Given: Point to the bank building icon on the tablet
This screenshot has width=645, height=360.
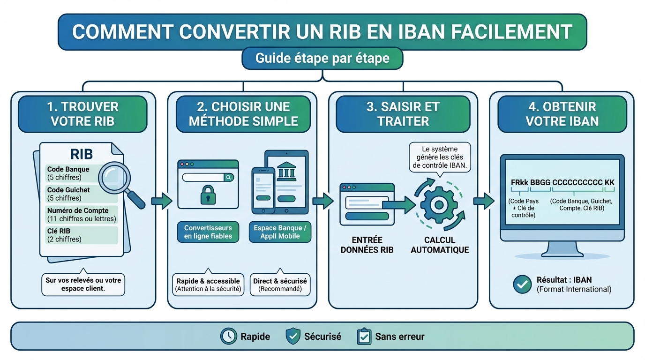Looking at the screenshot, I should (x=286, y=172).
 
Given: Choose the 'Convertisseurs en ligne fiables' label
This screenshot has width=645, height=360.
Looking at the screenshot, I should (x=208, y=232).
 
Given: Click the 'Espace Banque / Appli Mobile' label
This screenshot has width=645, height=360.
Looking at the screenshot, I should (x=280, y=232).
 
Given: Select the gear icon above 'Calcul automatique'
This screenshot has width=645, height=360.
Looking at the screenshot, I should (x=439, y=204).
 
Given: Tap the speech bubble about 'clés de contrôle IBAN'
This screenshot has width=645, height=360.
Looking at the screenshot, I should (x=439, y=157).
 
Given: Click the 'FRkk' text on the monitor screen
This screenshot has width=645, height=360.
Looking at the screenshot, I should (x=519, y=182).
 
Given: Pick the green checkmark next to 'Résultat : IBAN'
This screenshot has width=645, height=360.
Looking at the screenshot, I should (x=522, y=285).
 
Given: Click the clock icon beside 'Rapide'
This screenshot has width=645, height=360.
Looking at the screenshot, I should (x=229, y=336).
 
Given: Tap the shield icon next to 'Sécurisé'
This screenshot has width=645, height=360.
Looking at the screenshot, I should (x=293, y=336).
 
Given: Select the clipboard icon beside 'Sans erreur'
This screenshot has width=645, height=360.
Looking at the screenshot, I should (x=364, y=336).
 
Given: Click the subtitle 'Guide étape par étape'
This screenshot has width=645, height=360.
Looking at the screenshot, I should (x=322, y=59).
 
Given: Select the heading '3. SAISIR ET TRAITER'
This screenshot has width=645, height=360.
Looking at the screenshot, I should (x=403, y=114).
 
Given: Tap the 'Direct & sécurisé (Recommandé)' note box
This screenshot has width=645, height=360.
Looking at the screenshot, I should (x=280, y=285).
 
